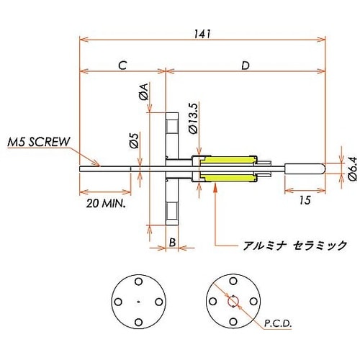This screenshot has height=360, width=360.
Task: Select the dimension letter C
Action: [x=122, y=65]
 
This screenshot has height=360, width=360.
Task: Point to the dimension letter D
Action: [x=245, y=66]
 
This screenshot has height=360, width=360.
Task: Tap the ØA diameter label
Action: [x=143, y=91]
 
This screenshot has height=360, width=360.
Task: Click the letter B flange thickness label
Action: [x=173, y=243]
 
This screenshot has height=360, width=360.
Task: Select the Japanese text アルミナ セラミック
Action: [x=294, y=246]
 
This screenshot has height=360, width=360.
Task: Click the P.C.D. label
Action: [x=277, y=325]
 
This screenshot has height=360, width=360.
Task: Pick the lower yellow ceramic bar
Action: [x=230, y=179]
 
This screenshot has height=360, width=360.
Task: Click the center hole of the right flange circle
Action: [x=233, y=302]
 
